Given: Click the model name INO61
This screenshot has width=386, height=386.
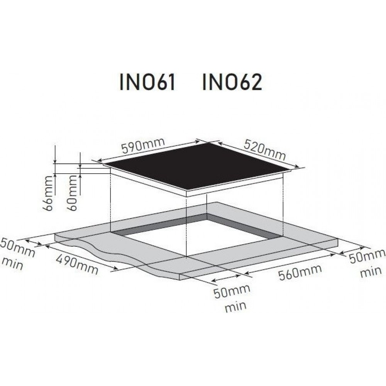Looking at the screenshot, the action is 147,82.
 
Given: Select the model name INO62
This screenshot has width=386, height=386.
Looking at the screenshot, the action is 232,82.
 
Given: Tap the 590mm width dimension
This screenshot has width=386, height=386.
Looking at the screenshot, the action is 143,146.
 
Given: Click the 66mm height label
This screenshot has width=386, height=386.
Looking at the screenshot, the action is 48,193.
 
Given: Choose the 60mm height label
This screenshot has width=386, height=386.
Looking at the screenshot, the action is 73,193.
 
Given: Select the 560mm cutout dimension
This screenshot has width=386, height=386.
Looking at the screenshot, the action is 300,272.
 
